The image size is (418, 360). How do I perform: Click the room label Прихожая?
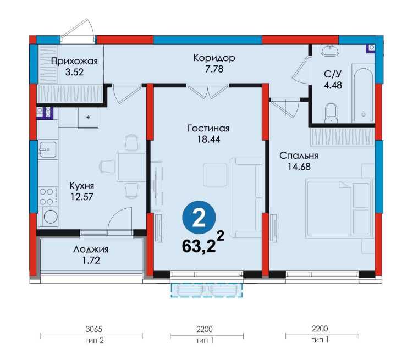pos(74,61)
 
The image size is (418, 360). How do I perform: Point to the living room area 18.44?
pos(208,139)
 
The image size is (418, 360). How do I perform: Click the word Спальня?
pos(299,156)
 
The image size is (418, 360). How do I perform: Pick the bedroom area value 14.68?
pos(299,167)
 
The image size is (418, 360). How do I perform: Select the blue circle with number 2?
pos(199,218)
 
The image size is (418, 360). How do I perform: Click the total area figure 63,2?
pos(199,243)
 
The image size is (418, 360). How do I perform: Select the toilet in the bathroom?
pos(331,113)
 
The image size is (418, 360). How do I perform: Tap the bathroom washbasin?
pos(331,51)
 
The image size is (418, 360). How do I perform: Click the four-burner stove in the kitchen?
pos(47,196)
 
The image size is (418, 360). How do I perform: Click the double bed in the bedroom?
pos(338,209)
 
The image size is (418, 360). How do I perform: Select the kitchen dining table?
pos(131,167)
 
